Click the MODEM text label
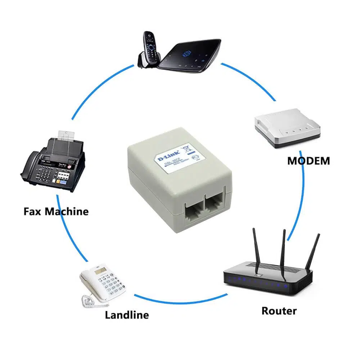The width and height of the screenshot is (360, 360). (308, 161)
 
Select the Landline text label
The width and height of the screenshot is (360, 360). (127, 315)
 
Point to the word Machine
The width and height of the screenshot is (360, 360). (66, 211)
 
